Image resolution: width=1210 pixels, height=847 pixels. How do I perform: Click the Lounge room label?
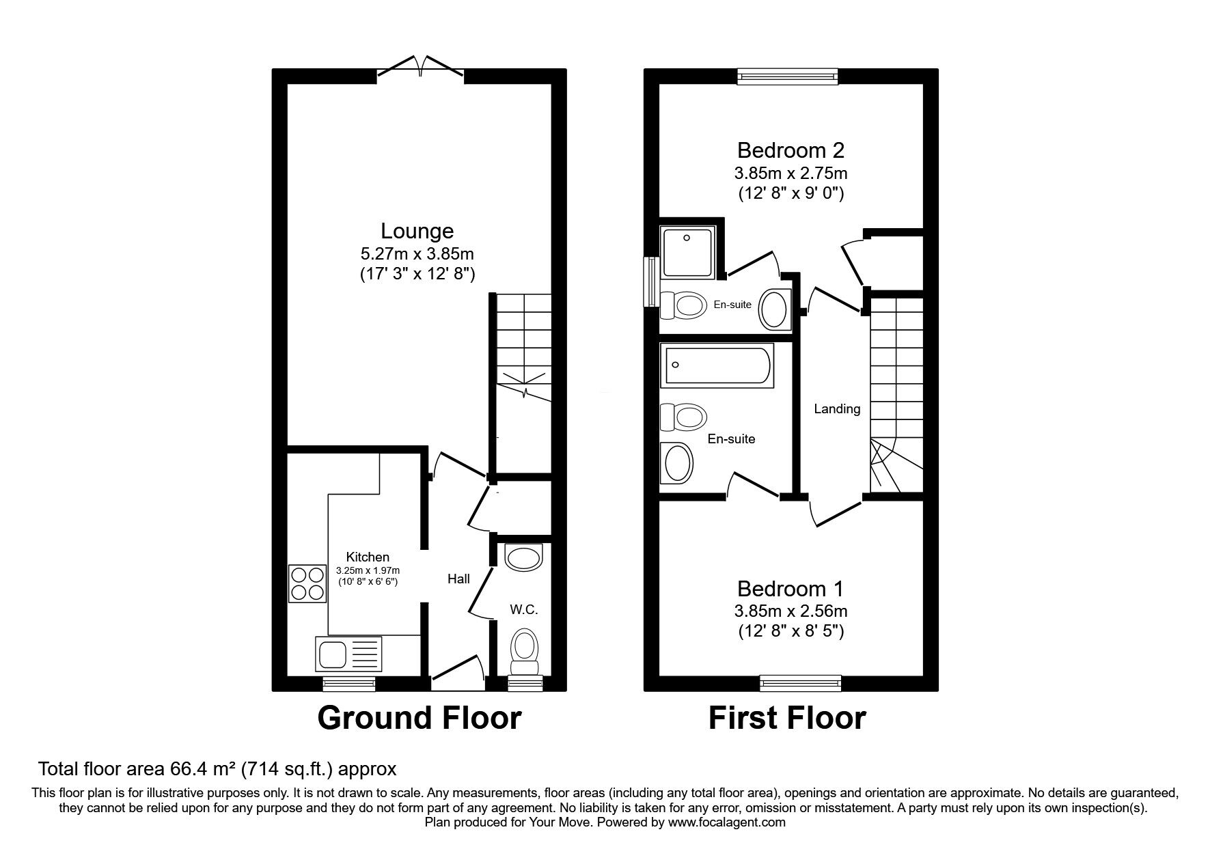417,232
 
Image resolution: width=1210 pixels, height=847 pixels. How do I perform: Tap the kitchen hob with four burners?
307,583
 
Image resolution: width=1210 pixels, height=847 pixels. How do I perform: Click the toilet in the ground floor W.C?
524,652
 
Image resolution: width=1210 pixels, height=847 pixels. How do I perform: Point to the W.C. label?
524,610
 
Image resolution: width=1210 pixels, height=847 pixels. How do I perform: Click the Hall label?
458,579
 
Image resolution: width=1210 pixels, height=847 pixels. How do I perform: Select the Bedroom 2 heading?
791,150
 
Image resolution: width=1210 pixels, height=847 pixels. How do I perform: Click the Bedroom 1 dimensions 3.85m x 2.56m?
791,611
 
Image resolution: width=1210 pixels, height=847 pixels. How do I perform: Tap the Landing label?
837,409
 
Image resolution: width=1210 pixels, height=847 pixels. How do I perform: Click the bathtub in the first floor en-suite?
717,365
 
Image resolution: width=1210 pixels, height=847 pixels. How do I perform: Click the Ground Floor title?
420,718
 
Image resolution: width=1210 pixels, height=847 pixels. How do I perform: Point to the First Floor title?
787,718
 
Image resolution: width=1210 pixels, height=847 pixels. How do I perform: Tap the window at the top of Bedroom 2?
788,76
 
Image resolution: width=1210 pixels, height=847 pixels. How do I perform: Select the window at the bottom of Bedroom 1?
801,682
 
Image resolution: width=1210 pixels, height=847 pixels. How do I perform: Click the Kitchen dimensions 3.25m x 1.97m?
368,570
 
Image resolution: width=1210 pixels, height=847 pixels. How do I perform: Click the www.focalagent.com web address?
727,822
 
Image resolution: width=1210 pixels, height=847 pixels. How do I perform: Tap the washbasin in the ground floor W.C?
523,557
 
